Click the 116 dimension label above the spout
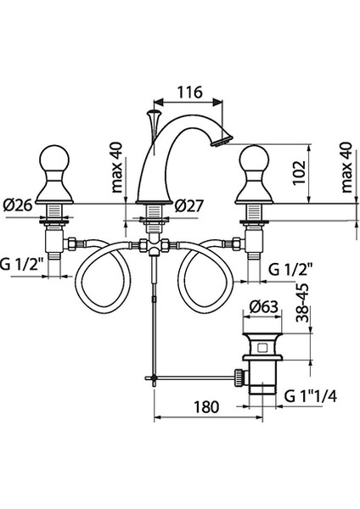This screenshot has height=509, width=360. coord(189,92)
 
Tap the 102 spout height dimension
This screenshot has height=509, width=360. coord(300,172)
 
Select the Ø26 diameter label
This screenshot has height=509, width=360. coord(18,205)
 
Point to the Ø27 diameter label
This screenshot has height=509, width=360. coord(189,205)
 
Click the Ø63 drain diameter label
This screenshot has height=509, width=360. coord(264,307)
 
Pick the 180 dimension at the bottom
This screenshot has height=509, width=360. coord(206,406)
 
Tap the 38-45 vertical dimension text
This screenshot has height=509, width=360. coord(302,303)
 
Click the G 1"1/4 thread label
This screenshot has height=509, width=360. coord(311,396)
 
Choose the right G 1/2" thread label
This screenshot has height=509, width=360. coord(290,269)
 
